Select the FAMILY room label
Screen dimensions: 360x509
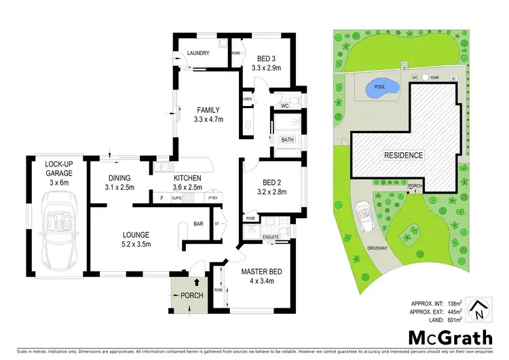tap(208, 109)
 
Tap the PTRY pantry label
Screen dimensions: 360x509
tap(214, 199)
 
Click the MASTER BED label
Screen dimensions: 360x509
tap(262, 272)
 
